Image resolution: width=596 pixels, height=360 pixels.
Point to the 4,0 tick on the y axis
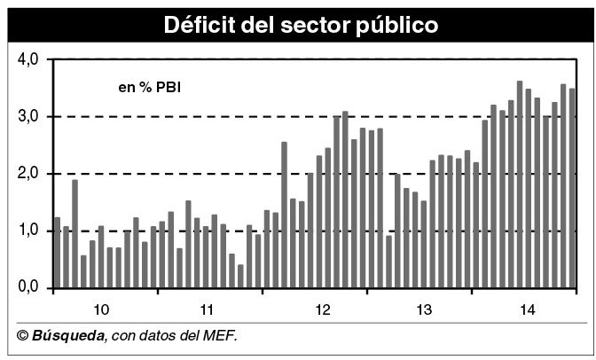pyautogui.click(x=29, y=59)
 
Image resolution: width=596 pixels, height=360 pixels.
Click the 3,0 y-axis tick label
pyautogui.click(x=29, y=116)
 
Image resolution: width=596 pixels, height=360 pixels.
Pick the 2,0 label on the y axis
pyautogui.click(x=29, y=174)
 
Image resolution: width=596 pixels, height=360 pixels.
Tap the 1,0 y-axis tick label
pyautogui.click(x=29, y=231)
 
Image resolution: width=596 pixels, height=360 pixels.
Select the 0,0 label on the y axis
pyautogui.click(x=29, y=288)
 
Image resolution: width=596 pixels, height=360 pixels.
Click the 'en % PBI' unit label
pyautogui.click(x=150, y=87)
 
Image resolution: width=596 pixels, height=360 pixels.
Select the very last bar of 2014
pyautogui.click(x=572, y=188)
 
